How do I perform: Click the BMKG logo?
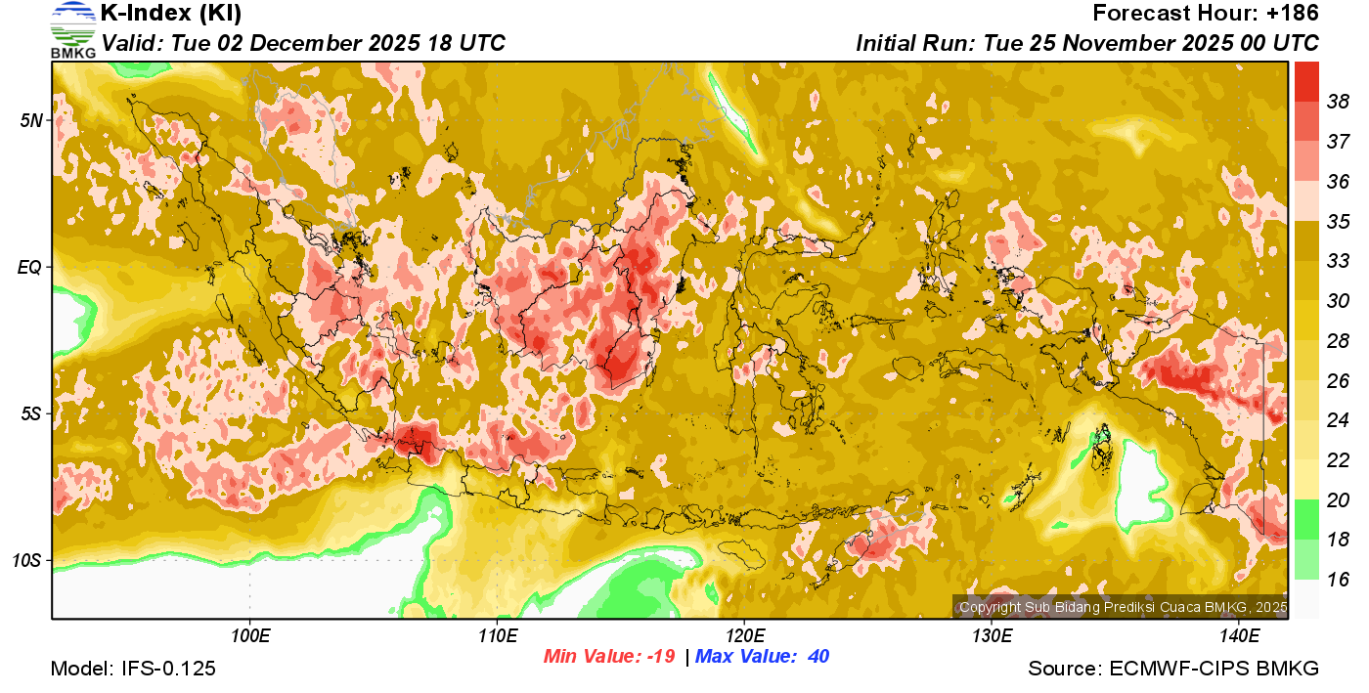tap(73, 30)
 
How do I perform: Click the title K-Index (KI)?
tap(171, 14)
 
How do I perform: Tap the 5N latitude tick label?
tap(31, 120)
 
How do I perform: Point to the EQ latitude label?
tap(30, 267)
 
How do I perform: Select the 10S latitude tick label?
tap(28, 560)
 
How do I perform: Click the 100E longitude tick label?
tap(249, 635)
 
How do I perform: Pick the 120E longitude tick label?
tap(744, 635)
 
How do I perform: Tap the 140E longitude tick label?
tap(1239, 635)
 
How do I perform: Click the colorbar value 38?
tap(1338, 102)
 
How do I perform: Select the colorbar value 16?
tap(1338, 580)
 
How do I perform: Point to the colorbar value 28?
tap(1338, 340)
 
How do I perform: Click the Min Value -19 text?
tap(609, 656)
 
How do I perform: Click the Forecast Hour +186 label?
tap(1206, 14)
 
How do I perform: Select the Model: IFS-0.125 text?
tap(133, 669)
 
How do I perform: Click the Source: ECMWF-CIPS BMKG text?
tap(1173, 669)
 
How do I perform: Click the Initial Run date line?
tap(1086, 43)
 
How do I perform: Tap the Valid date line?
tap(303, 43)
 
